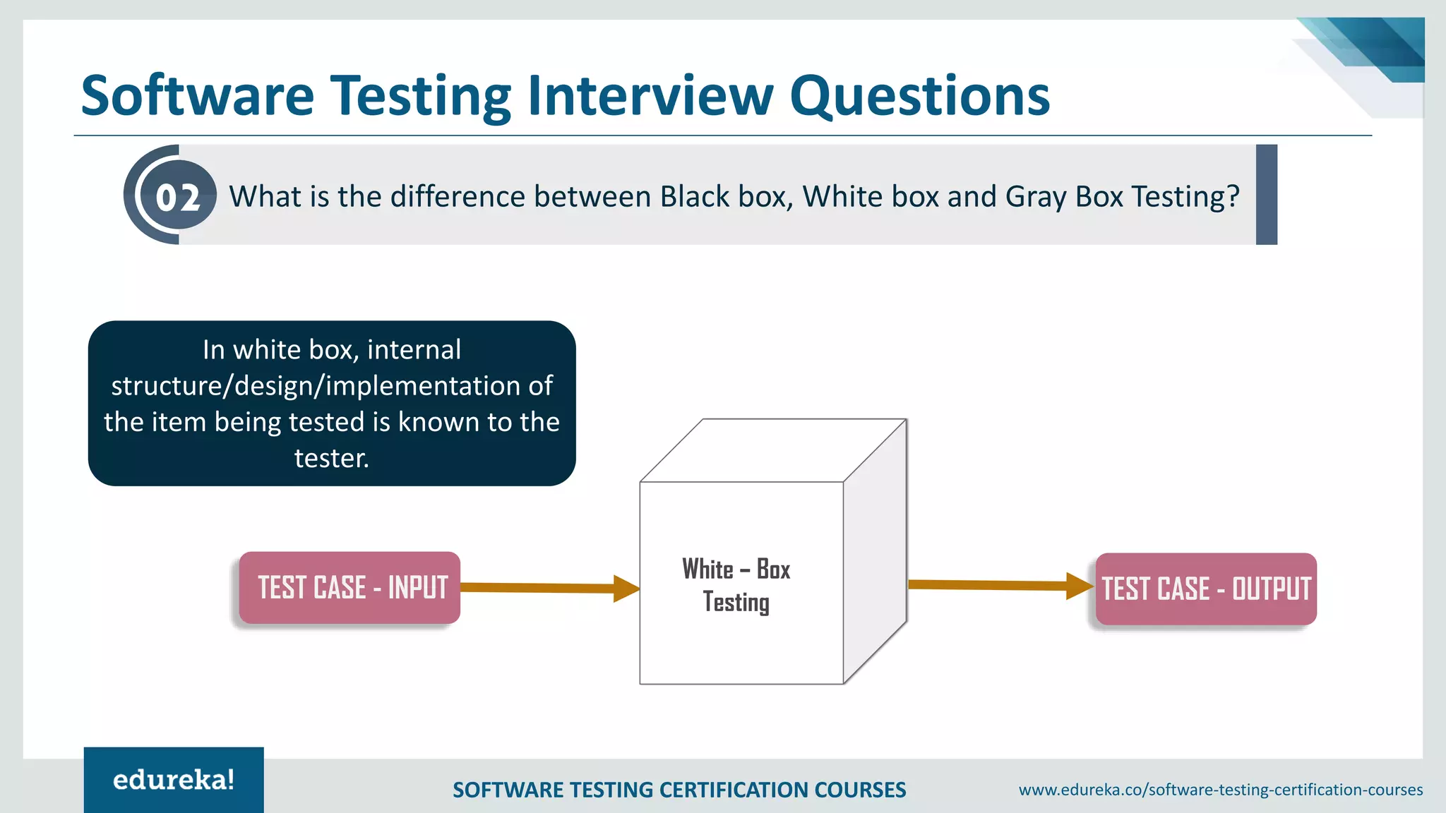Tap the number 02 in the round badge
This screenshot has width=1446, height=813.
point(177,197)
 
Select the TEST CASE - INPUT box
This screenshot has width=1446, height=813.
point(350,588)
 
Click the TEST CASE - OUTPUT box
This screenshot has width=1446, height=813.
point(1205,589)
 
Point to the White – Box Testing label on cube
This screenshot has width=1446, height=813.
point(736,585)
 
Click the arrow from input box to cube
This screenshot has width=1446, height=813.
point(547,588)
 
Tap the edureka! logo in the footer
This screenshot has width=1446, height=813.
point(174,780)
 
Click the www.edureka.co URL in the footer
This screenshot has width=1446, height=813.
point(1220,790)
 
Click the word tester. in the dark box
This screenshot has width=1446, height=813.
point(331,459)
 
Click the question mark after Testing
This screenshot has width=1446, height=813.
point(1233,197)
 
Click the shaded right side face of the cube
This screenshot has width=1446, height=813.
point(876,550)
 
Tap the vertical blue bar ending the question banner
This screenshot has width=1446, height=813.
point(1266,195)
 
